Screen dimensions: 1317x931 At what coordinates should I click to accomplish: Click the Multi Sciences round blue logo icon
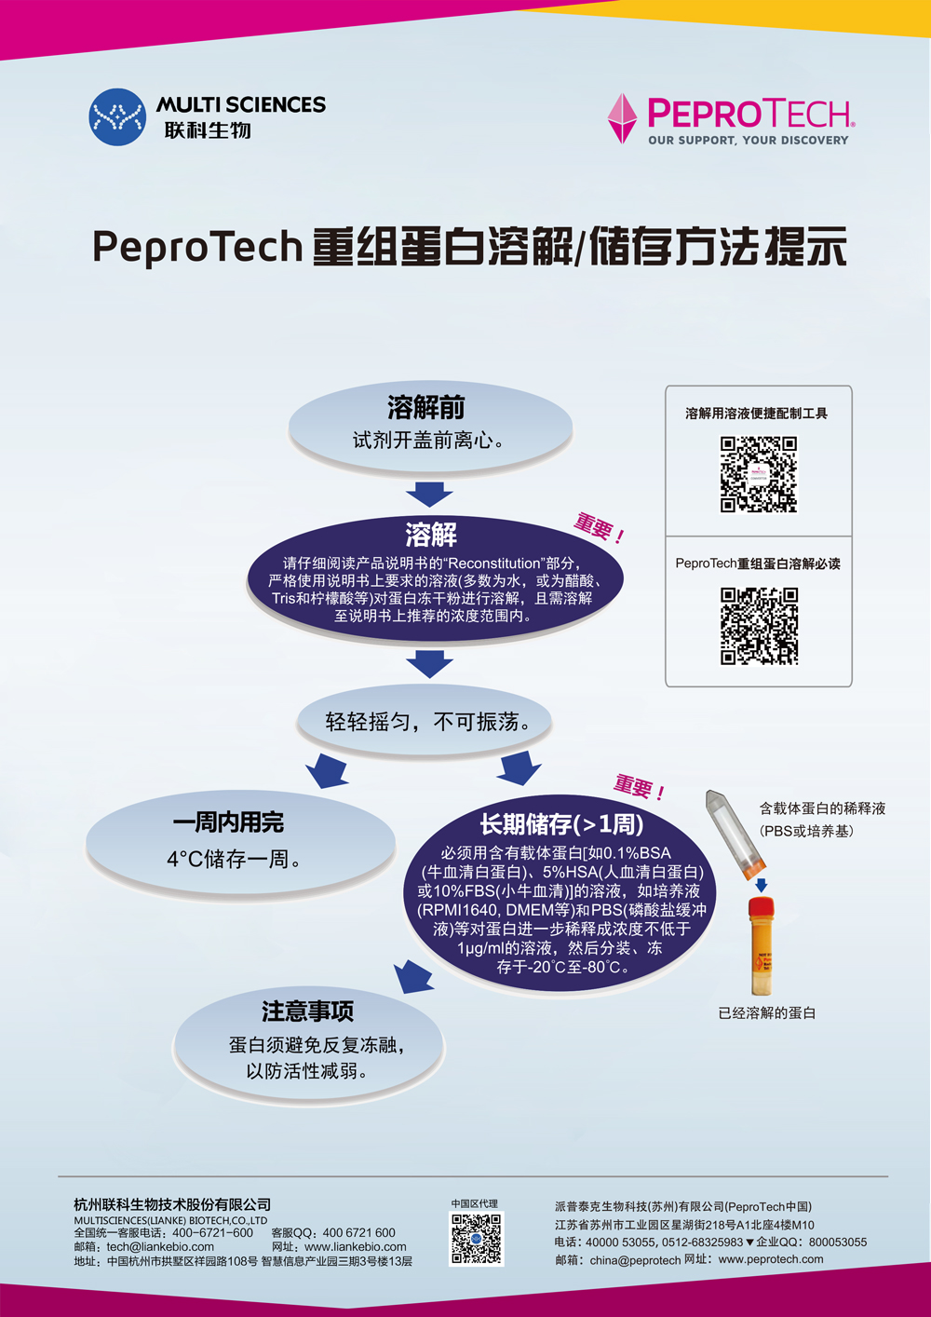pyautogui.click(x=117, y=117)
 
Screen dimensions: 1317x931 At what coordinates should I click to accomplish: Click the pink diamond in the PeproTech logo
pyautogui.click(x=621, y=118)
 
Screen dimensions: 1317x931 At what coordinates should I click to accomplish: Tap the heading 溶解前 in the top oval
pyautogui.click(x=425, y=408)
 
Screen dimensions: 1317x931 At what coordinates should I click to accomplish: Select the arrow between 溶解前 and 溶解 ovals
pyautogui.click(x=429, y=493)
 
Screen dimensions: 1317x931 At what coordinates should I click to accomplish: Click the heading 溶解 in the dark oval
pyautogui.click(x=431, y=535)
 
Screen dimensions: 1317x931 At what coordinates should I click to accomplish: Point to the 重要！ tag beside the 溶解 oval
pyautogui.click(x=599, y=528)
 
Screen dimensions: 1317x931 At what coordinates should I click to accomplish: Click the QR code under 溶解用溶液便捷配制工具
pyautogui.click(x=759, y=475)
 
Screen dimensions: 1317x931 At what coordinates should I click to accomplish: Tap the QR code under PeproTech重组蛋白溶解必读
pyautogui.click(x=759, y=626)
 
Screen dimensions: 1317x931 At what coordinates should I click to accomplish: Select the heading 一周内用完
pyautogui.click(x=228, y=822)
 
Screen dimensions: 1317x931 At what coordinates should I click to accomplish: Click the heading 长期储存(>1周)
pyautogui.click(x=561, y=824)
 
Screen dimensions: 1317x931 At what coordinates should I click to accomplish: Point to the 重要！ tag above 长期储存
pyautogui.click(x=639, y=788)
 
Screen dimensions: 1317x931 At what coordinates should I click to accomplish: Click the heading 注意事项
pyautogui.click(x=307, y=1012)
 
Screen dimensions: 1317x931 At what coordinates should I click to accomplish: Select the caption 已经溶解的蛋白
pyautogui.click(x=766, y=1013)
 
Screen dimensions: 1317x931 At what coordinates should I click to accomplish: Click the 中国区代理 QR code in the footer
pyautogui.click(x=476, y=1239)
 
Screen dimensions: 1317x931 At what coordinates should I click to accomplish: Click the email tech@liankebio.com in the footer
pyautogui.click(x=160, y=1246)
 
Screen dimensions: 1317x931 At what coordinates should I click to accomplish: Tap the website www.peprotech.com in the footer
pyautogui.click(x=771, y=1259)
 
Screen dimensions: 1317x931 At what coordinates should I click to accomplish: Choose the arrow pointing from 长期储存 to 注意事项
pyautogui.click(x=413, y=977)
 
